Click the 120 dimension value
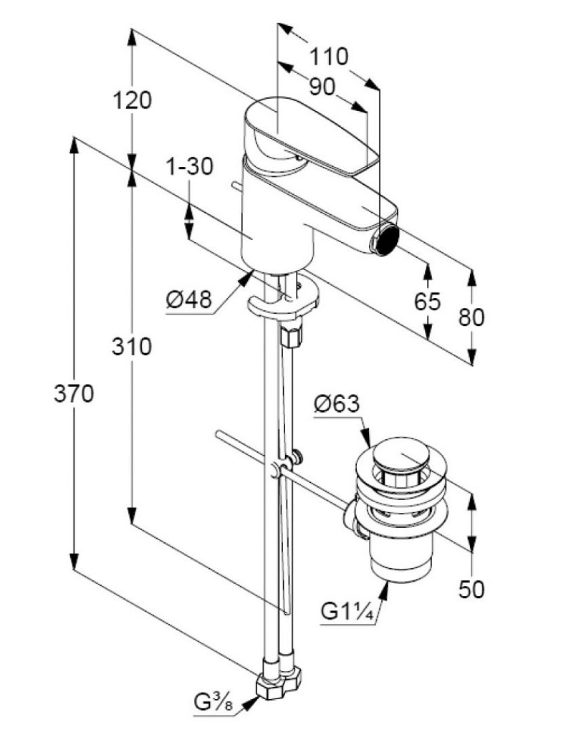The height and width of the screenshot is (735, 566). coord(133,100)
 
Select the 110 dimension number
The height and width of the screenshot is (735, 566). coord(329,56)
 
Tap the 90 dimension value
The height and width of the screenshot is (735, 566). coord(322,87)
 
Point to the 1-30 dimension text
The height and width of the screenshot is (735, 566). coord(189,166)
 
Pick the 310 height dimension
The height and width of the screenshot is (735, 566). coord(131,347)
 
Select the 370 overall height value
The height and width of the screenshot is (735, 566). coord(74,393)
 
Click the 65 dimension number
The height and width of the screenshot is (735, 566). coord(428,302)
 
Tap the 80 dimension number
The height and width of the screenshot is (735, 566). coord(471,317)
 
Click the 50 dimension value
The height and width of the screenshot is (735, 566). coord(471,589)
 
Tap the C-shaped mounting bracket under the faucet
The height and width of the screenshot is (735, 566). coord(283,302)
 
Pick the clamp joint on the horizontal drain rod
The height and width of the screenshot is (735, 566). coord(278,470)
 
